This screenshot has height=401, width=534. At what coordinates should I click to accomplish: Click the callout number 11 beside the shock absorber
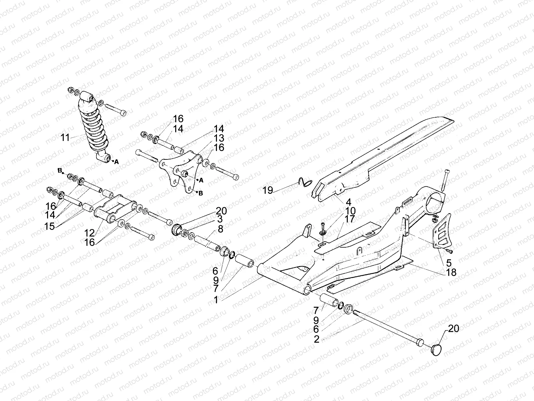pos(65,137)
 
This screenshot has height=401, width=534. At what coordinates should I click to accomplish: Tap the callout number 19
pos(268,190)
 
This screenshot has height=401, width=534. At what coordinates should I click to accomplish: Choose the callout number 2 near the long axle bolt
pos(316,340)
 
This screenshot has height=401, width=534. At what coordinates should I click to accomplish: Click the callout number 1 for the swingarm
pos(216,300)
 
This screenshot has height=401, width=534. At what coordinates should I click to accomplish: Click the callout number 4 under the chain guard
pos(348,202)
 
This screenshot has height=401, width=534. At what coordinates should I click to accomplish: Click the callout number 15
pos(49,226)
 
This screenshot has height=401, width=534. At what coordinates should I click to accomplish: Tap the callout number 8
pos(220,230)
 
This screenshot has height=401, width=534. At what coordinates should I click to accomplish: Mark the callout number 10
pos(350,211)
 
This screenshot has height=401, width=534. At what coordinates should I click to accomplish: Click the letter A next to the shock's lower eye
pos(116,162)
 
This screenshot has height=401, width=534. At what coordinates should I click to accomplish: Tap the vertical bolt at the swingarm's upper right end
pos(447,180)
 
